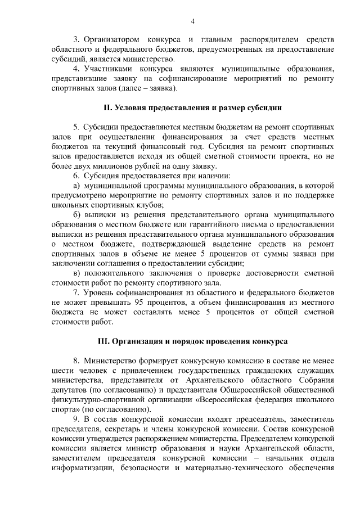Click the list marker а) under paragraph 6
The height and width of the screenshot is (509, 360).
(x=78, y=186)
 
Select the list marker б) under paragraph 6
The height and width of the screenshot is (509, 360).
(x=78, y=215)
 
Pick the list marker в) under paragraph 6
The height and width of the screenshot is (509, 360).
(x=78, y=273)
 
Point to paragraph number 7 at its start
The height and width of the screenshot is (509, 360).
(x=76, y=293)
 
